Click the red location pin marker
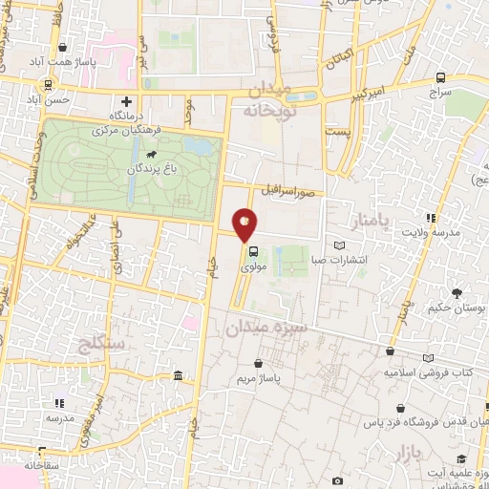[x=245, y=224]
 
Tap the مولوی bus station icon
[x=253, y=253]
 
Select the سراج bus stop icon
[x=440, y=78]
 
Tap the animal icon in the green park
[x=151, y=153]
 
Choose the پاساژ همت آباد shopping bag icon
[x=62, y=47]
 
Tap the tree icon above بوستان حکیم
[x=457, y=293]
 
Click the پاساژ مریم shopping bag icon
[x=260, y=363]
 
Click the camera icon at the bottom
[x=337, y=481]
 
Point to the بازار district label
[x=411, y=454]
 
